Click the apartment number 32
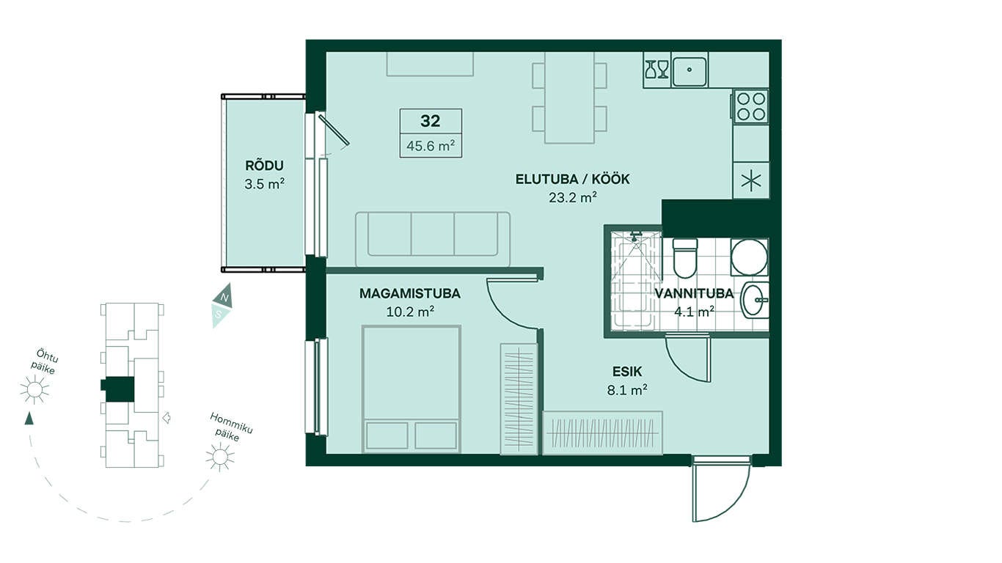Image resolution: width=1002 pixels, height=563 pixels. [x=431, y=121]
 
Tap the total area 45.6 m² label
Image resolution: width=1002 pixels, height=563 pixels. [x=431, y=146]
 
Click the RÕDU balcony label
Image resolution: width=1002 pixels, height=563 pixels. [x=264, y=166]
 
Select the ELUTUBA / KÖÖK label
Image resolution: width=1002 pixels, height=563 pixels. [x=573, y=180]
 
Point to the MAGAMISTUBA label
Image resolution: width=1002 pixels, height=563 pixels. [x=410, y=294]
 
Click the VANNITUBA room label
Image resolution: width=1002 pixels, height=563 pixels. [x=694, y=294]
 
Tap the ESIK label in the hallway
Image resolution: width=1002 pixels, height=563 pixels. [x=627, y=371]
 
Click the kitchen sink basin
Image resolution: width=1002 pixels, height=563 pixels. [x=690, y=70]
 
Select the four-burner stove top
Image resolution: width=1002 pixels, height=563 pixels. [x=751, y=106]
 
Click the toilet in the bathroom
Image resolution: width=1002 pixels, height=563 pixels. [x=685, y=258]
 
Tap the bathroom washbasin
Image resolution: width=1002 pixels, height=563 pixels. [x=756, y=300]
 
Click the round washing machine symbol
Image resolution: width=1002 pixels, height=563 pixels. [x=749, y=257]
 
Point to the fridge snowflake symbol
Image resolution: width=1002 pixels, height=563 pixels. [x=751, y=181]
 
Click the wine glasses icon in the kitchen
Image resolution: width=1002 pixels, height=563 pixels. [x=657, y=70]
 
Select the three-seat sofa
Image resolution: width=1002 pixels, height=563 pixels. [x=433, y=239]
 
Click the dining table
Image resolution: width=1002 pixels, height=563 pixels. [x=569, y=97]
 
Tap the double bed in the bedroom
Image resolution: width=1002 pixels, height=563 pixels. [x=411, y=389]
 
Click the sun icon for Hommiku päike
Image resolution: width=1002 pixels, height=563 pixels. [x=219, y=457]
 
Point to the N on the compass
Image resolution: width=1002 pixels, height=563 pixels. [x=225, y=298]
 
